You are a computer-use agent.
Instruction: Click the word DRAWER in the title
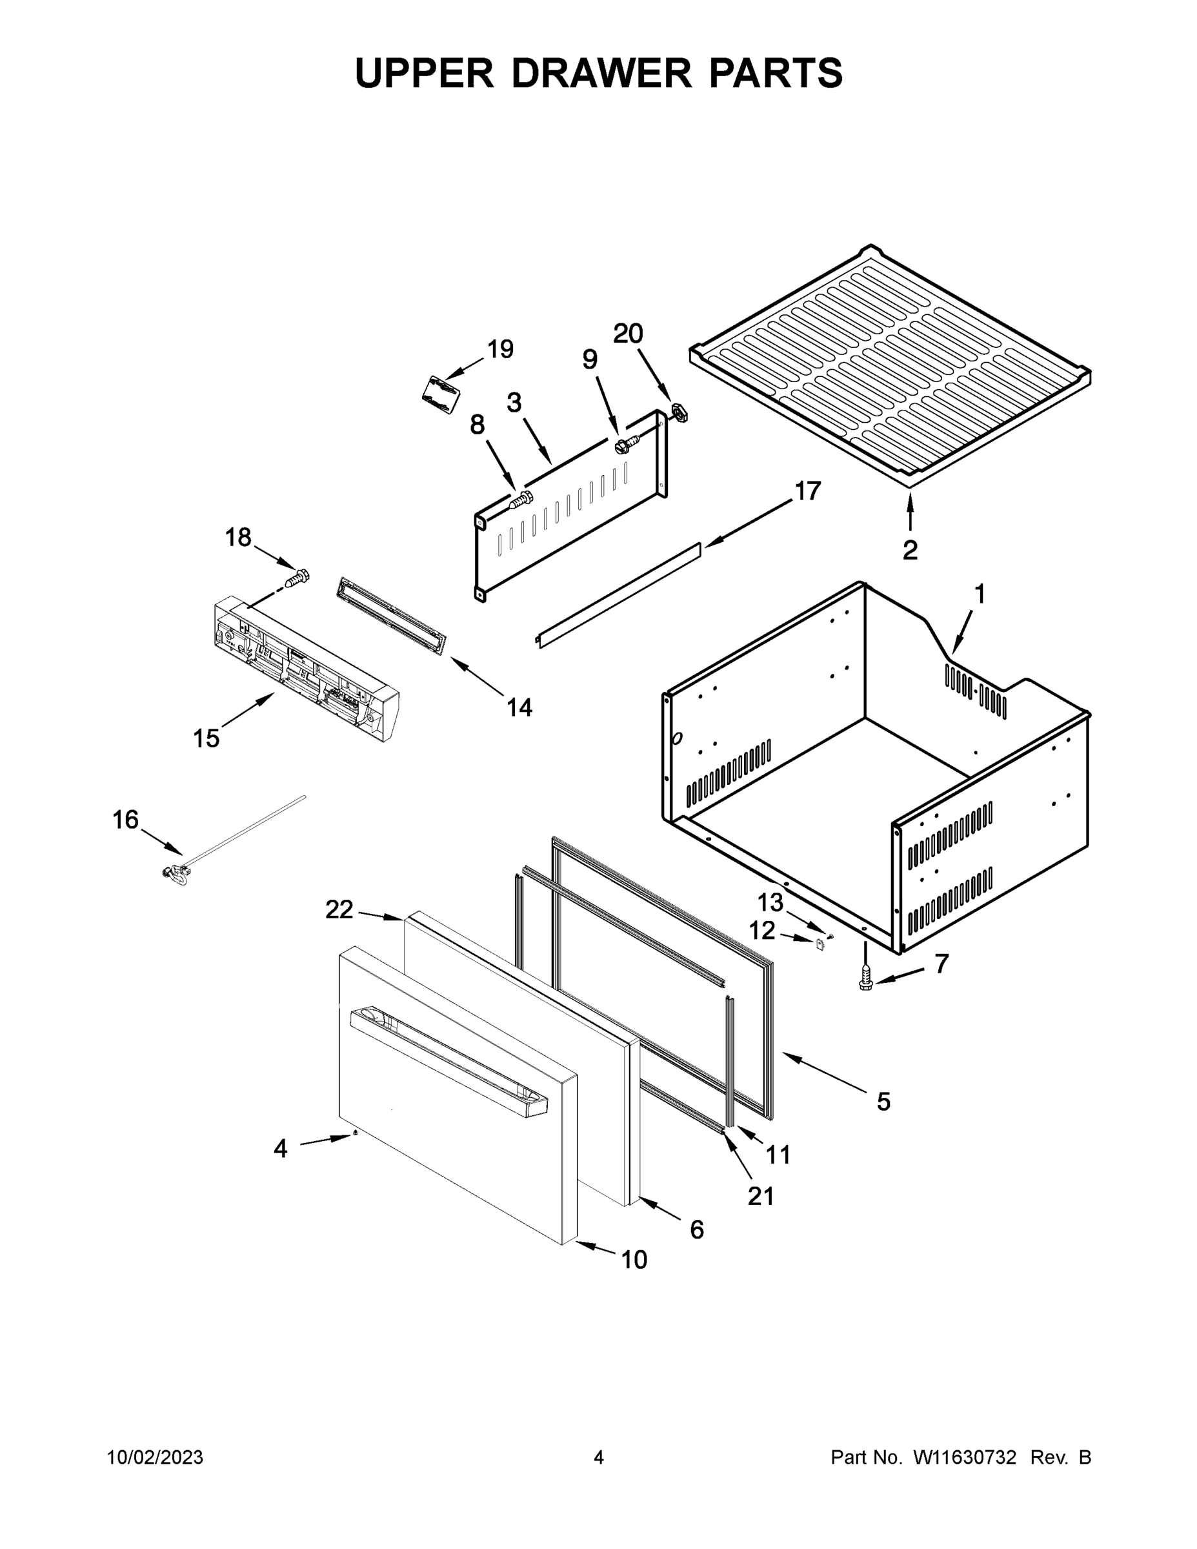(600, 74)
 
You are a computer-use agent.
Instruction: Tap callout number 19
(500, 349)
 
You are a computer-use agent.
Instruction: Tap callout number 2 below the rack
(910, 551)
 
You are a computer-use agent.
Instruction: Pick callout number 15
(206, 738)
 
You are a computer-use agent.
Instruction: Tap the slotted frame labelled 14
(392, 615)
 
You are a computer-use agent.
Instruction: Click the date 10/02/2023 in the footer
(156, 1457)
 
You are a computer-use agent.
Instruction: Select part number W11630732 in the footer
(965, 1457)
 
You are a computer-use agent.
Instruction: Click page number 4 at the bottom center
(599, 1457)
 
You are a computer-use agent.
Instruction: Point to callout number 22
(339, 909)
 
